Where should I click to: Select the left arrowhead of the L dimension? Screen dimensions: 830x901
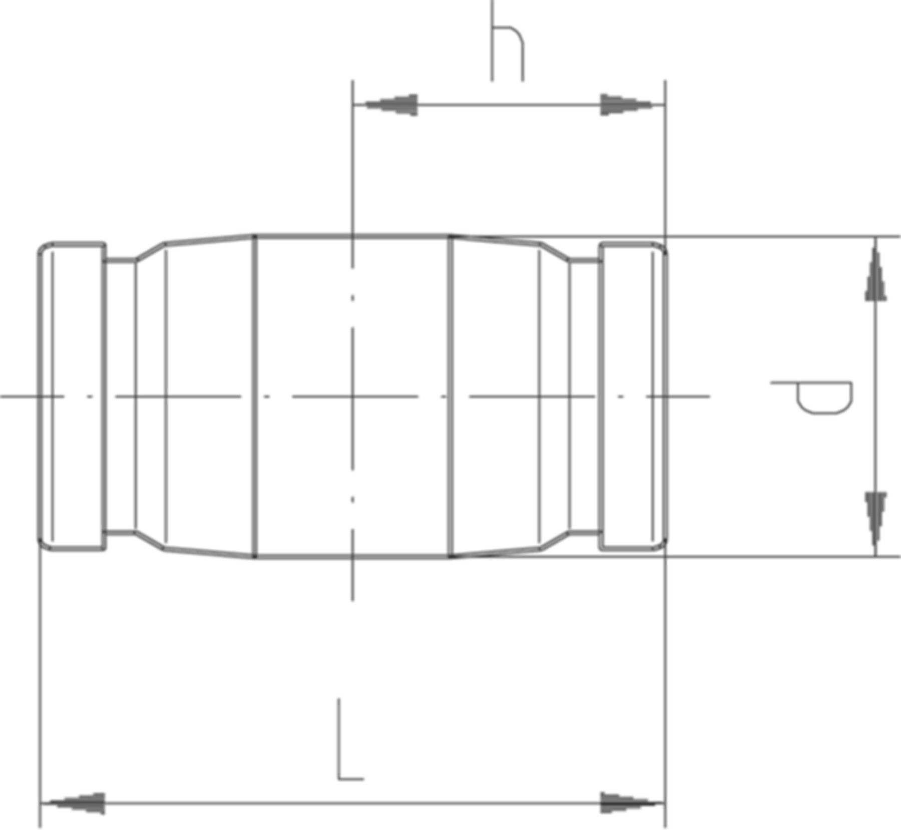(x=78, y=803)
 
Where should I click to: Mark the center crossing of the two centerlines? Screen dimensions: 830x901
(x=353, y=396)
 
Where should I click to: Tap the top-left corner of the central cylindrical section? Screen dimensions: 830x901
(x=255, y=235)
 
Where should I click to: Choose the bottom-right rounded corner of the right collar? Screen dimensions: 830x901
(x=662, y=546)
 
